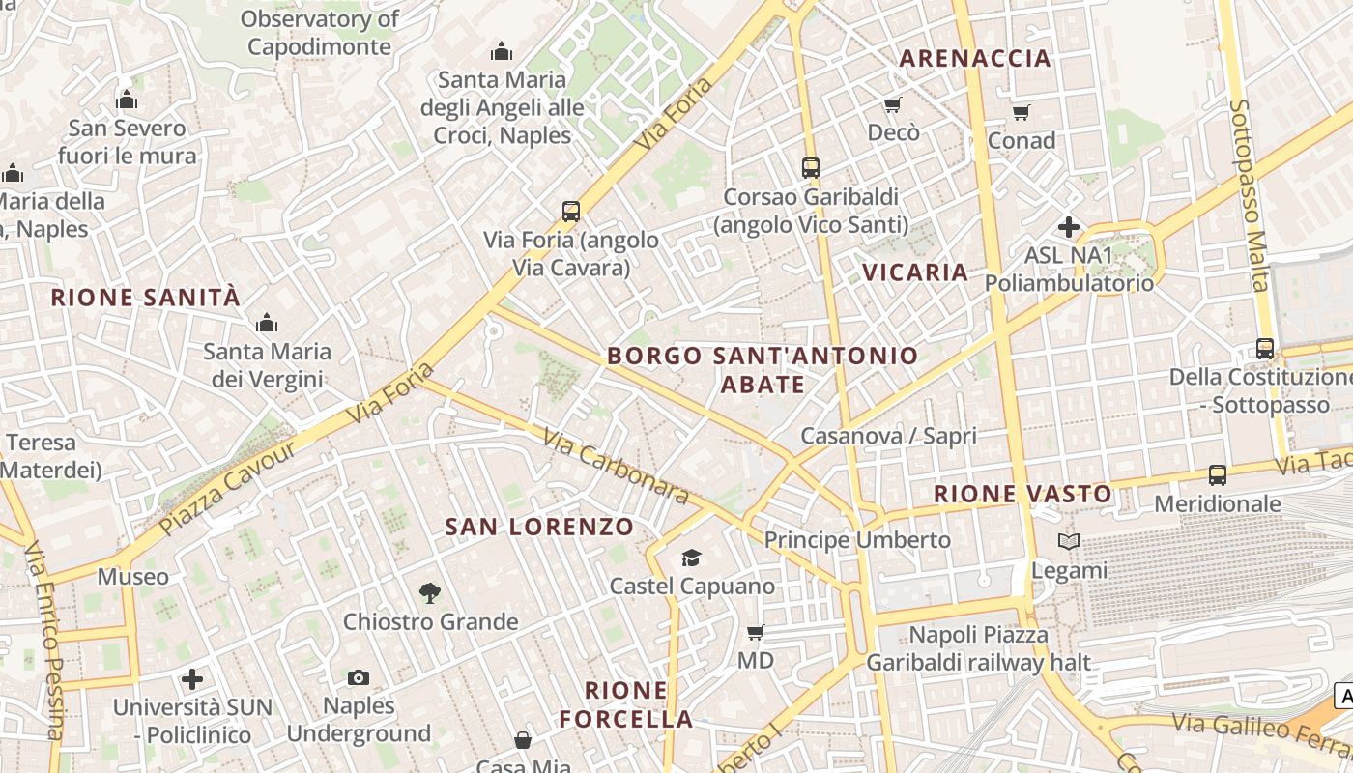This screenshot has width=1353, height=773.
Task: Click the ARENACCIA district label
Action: tap(974, 58)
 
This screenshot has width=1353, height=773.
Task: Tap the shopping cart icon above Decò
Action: tap(892, 104)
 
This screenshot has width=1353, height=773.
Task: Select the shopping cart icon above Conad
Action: tap(1022, 112)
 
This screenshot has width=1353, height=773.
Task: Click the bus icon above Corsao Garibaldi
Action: tap(811, 167)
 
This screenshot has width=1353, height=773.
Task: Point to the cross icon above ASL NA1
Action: tap(1069, 227)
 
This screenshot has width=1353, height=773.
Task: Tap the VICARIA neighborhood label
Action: tap(915, 272)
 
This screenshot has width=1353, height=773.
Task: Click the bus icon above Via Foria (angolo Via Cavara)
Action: tap(571, 211)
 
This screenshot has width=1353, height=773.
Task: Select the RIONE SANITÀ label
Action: tap(145, 298)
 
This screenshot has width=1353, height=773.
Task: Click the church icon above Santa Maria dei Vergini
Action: tap(266, 323)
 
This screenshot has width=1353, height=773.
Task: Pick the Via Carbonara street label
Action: tap(616, 467)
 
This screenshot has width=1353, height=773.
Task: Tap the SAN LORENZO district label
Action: tap(539, 528)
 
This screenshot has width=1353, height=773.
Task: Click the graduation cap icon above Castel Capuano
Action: tap(691, 558)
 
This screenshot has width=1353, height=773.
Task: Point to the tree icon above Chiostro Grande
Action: tap(430, 592)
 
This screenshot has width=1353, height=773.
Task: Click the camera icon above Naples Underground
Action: tap(359, 677)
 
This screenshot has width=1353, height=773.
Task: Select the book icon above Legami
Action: tap(1069, 541)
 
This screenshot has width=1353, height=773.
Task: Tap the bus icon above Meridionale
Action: tap(1217, 474)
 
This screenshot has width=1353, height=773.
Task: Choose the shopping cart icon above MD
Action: tap(755, 632)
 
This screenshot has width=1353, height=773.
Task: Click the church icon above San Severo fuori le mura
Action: tap(127, 100)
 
